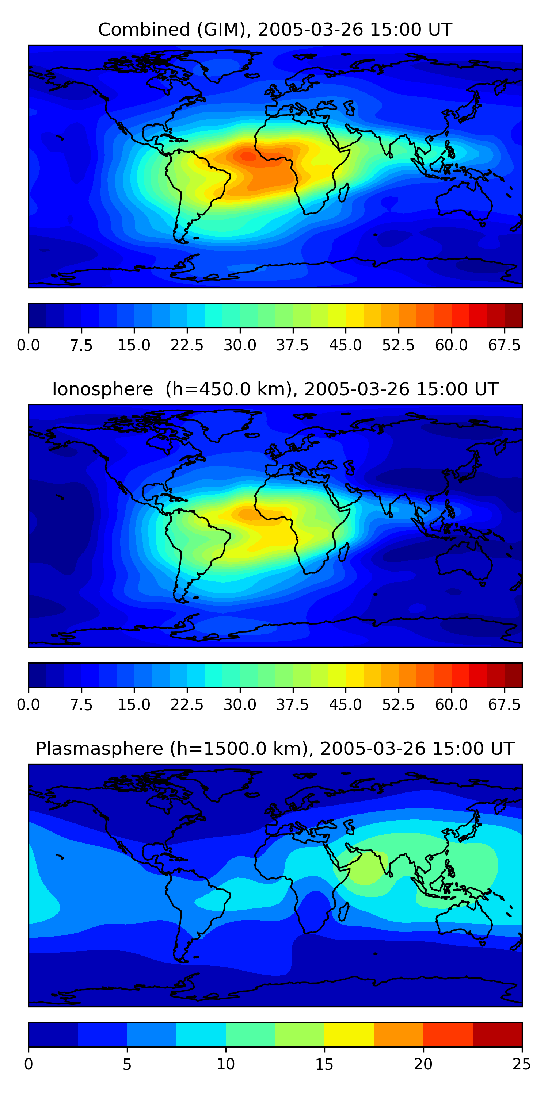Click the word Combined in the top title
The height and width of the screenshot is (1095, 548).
click(x=144, y=30)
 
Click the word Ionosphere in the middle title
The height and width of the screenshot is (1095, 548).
click(x=102, y=389)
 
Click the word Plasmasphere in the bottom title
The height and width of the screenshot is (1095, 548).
click(x=99, y=749)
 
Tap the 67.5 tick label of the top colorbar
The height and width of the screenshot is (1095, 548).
click(x=504, y=345)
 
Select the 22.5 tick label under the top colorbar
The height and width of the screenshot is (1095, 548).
click(x=187, y=345)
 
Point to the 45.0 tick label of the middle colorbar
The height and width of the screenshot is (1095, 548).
click(x=346, y=704)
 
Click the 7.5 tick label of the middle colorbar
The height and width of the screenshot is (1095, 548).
click(x=81, y=704)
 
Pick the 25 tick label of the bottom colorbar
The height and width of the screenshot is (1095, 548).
click(x=522, y=1064)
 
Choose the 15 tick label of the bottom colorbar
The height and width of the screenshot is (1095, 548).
click(x=324, y=1064)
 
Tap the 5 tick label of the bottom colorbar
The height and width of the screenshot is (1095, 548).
click(x=127, y=1064)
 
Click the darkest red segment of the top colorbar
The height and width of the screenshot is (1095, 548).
click(x=513, y=315)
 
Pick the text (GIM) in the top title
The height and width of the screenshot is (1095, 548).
click(x=224, y=30)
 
